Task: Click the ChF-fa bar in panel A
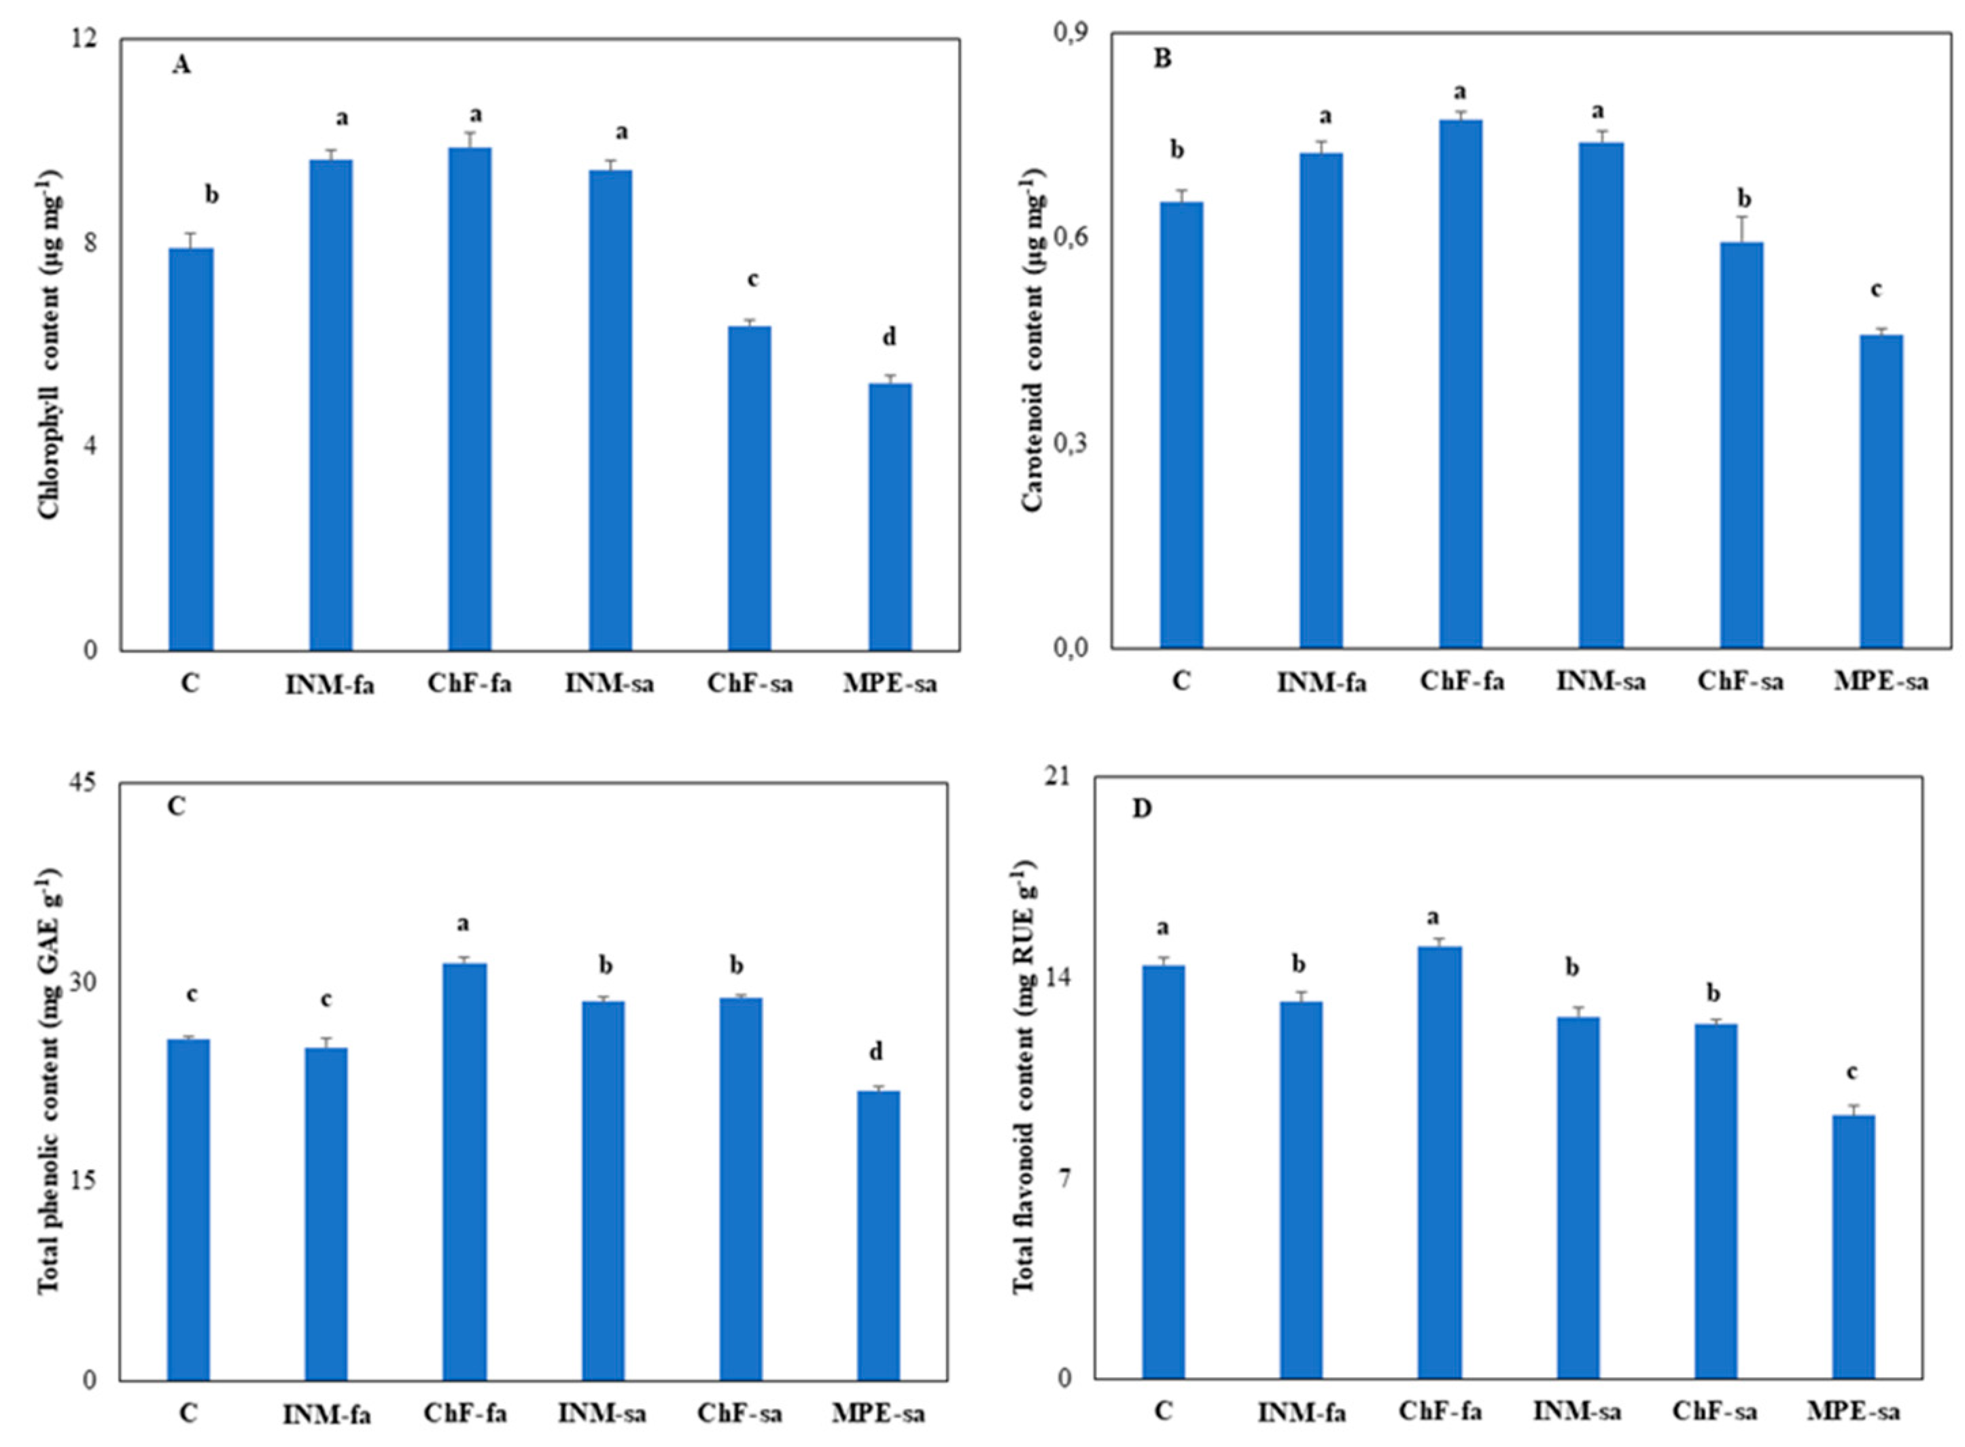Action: click(470, 398)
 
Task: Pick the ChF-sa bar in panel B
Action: click(1741, 445)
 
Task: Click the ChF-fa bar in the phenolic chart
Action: click(464, 1172)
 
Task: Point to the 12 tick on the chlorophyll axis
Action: click(91, 39)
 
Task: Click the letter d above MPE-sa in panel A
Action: click(889, 337)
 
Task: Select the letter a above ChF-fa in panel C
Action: click(464, 924)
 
